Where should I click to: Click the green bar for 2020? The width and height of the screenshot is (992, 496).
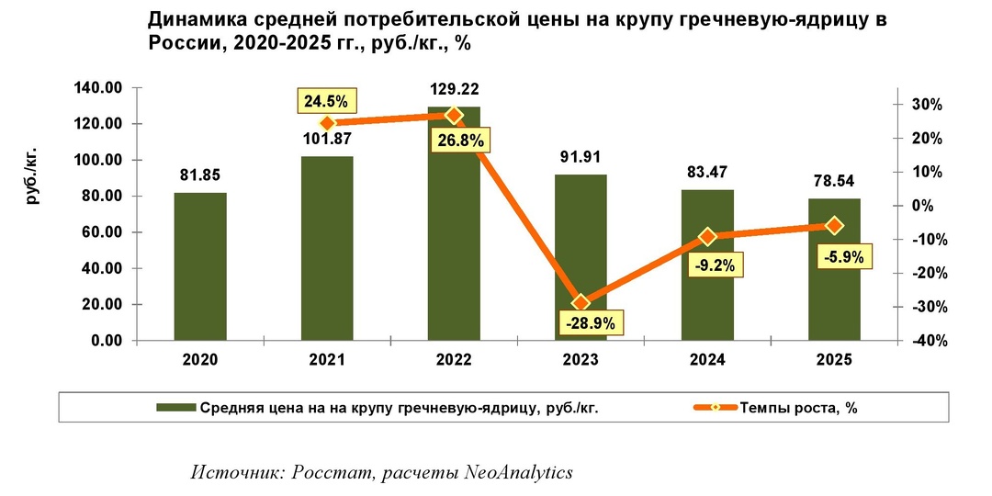[200, 266]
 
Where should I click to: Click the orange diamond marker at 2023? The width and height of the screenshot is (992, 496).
[581, 302]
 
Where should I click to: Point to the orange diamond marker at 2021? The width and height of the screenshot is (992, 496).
[327, 123]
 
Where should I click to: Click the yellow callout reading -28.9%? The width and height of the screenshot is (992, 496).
[593, 323]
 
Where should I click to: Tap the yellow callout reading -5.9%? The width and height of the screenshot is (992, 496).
[841, 257]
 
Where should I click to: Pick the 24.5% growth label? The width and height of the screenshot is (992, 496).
[326, 101]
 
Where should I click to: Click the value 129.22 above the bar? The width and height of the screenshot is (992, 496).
[454, 90]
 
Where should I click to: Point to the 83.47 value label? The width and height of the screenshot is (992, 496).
[707, 172]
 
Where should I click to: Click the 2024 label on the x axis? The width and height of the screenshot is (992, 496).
[707, 361]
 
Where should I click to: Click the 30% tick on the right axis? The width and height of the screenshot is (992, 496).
[926, 105]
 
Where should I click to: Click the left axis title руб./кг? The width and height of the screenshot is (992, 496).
[33, 174]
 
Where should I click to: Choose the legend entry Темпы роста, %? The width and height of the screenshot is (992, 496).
[798, 409]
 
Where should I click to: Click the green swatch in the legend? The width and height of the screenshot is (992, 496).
[175, 409]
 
